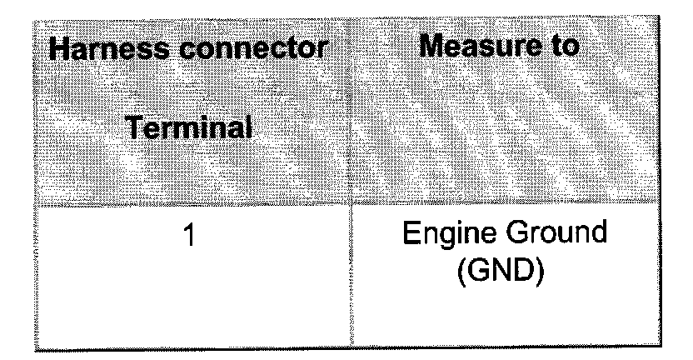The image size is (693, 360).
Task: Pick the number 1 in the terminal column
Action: (191, 237)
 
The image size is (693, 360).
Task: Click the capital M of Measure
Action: (433, 46)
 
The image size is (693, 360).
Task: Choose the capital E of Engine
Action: (410, 235)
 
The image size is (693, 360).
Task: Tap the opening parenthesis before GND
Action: (464, 271)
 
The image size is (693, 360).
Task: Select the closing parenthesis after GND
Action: (543, 271)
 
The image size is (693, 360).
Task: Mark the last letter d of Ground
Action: (598, 235)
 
